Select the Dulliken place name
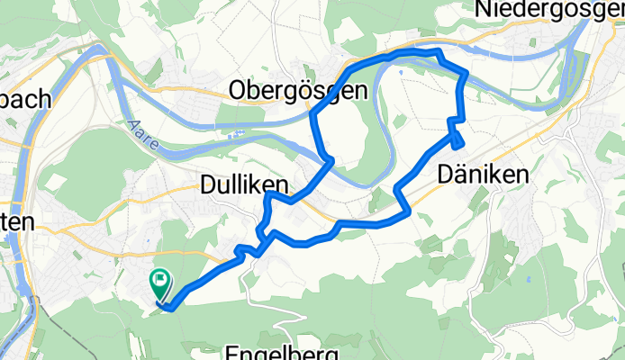pyautogui.click(x=242, y=185)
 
